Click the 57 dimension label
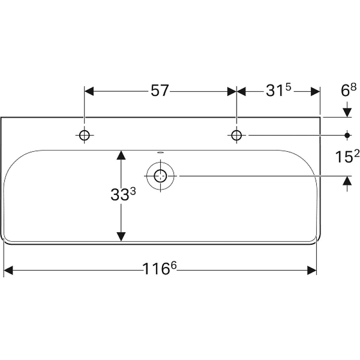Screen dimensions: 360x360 coord(160,90)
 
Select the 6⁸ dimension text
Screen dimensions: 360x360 coord(348,90)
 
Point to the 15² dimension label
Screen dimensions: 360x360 coord(347,157)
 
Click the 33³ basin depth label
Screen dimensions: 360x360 coord(123,194)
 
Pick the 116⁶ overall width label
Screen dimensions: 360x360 coord(160,268)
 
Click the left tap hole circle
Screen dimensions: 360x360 coord(84,135)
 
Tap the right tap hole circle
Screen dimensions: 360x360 coord(237,135)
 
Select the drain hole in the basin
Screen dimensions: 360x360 coord(160,176)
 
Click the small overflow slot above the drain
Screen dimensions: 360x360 coord(160,152)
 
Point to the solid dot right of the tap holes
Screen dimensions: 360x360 coord(347,135)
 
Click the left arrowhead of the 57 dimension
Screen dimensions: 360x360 coord(89,91)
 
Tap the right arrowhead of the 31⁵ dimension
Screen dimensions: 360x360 coord(315,91)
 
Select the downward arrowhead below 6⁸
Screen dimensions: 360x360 coord(347,112)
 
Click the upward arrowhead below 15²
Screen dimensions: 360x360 coord(347,181)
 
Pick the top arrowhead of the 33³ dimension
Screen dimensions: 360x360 coord(121,155)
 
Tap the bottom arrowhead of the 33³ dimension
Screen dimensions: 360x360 coord(121,237)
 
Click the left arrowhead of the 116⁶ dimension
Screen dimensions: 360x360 coord(9,270)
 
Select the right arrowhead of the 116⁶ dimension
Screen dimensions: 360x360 coord(312,270)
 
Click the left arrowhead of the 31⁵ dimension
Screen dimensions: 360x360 coord(241,91)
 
